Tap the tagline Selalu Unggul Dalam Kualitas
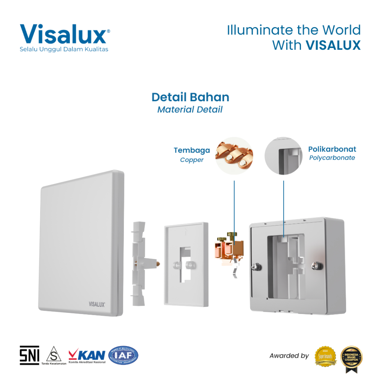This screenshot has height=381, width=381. pos(64,49)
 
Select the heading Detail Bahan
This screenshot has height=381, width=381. pos(190,97)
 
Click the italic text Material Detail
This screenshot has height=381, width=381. pos(190,109)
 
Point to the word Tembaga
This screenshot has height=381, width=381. pos(192,150)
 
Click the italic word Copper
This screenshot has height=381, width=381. pos(192,160)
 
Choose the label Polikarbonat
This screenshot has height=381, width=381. pos(332,149)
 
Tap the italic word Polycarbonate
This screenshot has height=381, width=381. pos(332,158)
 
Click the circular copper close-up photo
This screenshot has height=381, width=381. pos(234,156)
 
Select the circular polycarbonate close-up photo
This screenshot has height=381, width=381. pos(284,156)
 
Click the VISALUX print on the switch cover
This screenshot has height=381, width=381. pos(97,304)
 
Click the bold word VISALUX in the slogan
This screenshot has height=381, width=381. pos(333,45)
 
